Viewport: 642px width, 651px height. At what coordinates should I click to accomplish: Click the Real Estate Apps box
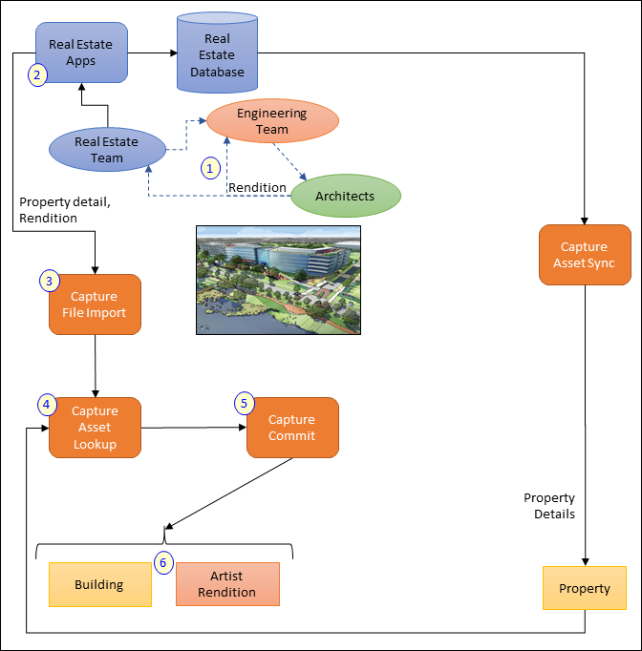pyautogui.click(x=81, y=52)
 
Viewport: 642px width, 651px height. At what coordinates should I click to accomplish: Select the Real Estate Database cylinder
pyautogui.click(x=217, y=55)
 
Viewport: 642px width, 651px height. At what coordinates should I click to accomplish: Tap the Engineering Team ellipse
pyautogui.click(x=272, y=121)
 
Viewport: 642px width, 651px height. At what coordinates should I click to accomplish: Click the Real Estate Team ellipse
pyautogui.click(x=107, y=150)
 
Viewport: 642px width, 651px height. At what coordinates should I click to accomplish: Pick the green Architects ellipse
pyautogui.click(x=346, y=196)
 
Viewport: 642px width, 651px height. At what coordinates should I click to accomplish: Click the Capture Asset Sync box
pyautogui.click(x=585, y=255)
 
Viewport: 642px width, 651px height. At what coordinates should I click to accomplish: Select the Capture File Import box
pyautogui.click(x=95, y=304)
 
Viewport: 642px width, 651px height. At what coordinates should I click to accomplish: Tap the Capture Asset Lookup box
pyautogui.click(x=95, y=428)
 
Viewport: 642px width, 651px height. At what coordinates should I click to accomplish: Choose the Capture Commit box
pyautogui.click(x=292, y=428)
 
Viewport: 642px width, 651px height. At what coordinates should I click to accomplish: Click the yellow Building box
pyautogui.click(x=99, y=584)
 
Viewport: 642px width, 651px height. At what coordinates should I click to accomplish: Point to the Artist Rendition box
pyautogui.click(x=227, y=584)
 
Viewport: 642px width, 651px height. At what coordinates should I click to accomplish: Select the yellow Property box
pyautogui.click(x=585, y=588)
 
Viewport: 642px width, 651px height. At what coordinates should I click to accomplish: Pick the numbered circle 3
pyautogui.click(x=49, y=281)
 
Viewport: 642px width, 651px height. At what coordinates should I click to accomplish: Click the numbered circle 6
pyautogui.click(x=163, y=563)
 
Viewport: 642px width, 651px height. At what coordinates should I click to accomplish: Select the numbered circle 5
pyautogui.click(x=245, y=403)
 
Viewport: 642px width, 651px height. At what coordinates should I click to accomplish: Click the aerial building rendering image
pyautogui.click(x=277, y=280)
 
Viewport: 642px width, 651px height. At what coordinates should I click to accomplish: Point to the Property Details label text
pyautogui.click(x=549, y=506)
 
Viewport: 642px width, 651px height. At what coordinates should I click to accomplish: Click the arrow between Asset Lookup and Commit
pyautogui.click(x=194, y=428)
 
